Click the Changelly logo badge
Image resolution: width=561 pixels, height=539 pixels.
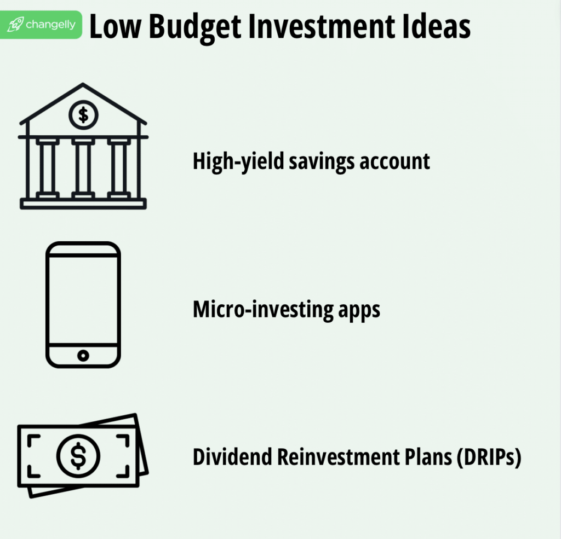(41, 25)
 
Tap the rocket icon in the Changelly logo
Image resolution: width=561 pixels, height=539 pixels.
(17, 25)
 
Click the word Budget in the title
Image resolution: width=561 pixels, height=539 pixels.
(196, 26)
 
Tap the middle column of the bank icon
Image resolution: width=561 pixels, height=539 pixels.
(83, 168)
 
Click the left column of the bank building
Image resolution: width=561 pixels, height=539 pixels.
(47, 168)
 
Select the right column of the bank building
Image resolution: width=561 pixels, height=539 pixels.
(119, 168)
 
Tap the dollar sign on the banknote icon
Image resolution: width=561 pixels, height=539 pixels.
(78, 455)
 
